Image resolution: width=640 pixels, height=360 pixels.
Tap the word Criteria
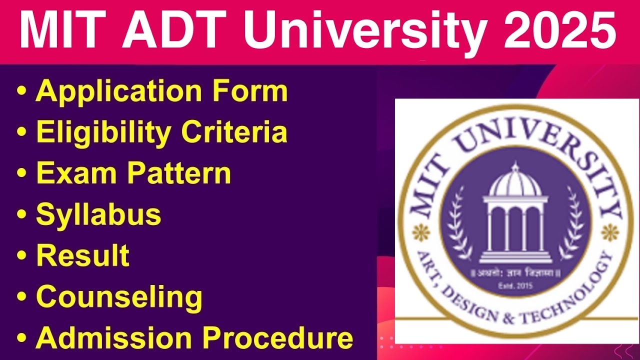tap(234, 132)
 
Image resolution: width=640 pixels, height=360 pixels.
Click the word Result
tap(82, 255)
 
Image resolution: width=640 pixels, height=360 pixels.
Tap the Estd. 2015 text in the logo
tap(515, 286)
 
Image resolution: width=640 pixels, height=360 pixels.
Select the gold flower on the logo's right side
tap(609, 231)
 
